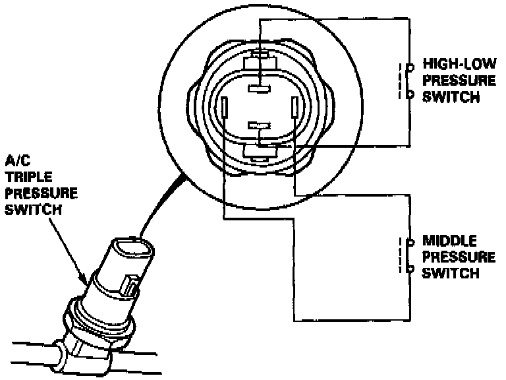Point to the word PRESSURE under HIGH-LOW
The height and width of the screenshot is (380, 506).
coord(459,81)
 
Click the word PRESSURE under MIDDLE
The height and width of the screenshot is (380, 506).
coord(459,257)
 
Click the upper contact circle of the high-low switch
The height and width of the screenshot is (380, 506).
coord(410,67)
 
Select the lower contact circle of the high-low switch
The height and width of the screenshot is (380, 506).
coord(410,94)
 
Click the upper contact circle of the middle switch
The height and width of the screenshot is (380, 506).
coord(410,241)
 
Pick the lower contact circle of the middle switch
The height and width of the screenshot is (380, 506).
coord(410,269)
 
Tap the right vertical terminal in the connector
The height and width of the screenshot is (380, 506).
coord(295,108)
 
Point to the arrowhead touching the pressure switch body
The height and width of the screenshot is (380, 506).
coord(84,280)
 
